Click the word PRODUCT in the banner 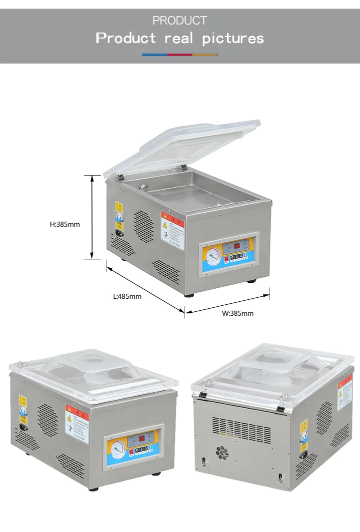(179, 21)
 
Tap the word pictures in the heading (233, 38)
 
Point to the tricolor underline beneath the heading (179, 54)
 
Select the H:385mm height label (65, 224)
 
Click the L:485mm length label (127, 296)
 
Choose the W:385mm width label (237, 313)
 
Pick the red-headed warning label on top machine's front (172, 230)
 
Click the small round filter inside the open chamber (144, 188)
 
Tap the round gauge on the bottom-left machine (117, 446)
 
